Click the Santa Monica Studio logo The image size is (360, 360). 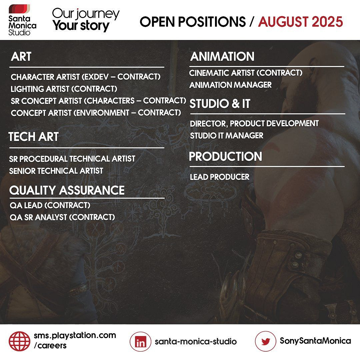pos(22,20)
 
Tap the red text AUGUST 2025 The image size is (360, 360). pos(300,22)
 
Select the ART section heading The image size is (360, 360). pos(21,56)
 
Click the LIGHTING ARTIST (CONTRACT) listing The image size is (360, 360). pos(64,89)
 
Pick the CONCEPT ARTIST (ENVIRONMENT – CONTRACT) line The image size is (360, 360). pos(96,113)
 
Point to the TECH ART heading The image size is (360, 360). pos(34,137)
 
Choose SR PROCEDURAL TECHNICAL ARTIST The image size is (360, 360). pos(72,159)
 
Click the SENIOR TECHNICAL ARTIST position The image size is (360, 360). pos(56,171)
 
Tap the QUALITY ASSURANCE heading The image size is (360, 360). pos(67,190)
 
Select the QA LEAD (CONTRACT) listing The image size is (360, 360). pos(50,205)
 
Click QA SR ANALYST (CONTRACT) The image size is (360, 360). pos(62,217)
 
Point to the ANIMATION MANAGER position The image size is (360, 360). pos(231,85)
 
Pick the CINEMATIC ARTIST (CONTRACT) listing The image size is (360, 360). pos(246,73)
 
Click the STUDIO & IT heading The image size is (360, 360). pos(220,104)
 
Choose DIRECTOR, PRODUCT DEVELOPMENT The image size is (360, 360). pos(254,124)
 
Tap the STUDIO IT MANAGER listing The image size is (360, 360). pos(227,135)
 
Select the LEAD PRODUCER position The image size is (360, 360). pos(219,177)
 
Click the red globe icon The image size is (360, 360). pos(20,341)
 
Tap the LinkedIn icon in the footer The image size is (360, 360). pos(141,342)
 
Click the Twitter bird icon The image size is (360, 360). pos(265,341)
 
